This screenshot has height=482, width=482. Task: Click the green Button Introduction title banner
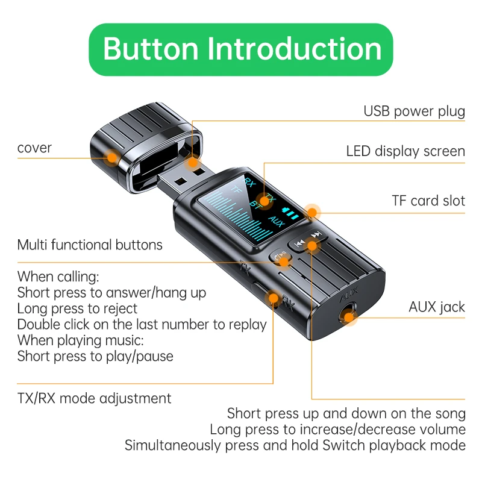pos(241,49)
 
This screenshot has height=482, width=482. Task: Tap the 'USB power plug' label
pos(414,111)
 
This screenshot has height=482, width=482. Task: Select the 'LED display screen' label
pos(405,151)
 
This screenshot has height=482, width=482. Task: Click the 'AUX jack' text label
pos(436,307)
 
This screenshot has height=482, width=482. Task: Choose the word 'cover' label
pos(34,148)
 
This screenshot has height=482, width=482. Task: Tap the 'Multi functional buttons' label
pos(90,245)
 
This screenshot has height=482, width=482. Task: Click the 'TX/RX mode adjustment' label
pos(94,398)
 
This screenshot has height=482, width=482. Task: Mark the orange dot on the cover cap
pos(112,158)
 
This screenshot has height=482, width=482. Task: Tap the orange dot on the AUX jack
pos(349,317)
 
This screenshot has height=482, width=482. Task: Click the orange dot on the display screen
pos(263,200)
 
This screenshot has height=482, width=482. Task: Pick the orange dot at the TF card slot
pos(312,211)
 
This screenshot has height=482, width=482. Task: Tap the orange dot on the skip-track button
pos(312,245)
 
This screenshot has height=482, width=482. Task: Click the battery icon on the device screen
pos(292,214)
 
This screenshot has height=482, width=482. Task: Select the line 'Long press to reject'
pos(77,308)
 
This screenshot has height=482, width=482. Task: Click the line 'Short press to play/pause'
pos(95,356)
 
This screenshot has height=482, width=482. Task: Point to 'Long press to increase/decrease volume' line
pos(337,430)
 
